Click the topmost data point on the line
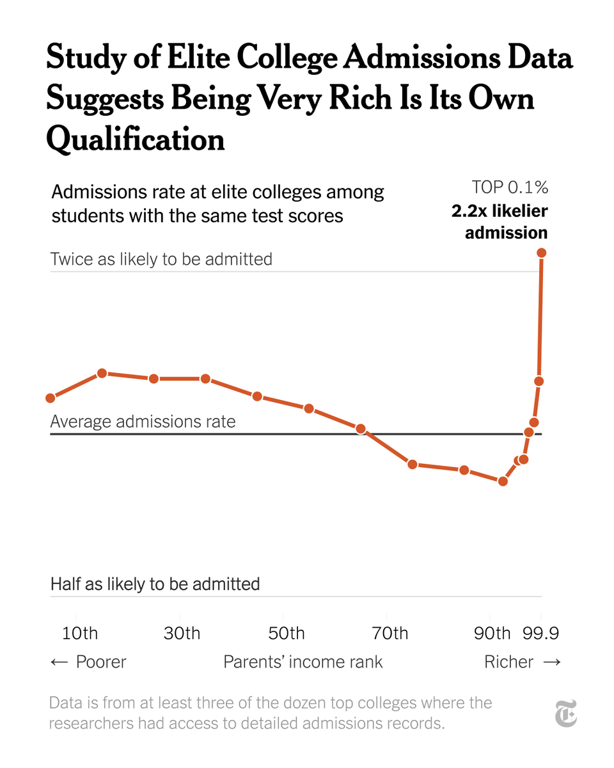pyautogui.click(x=542, y=253)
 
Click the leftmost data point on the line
pyautogui.click(x=51, y=398)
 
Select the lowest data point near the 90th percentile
pyautogui.click(x=503, y=481)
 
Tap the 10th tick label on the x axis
pyautogui.click(x=80, y=634)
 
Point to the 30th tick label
pyautogui.click(x=182, y=634)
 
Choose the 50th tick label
pyautogui.click(x=286, y=634)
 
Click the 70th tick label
pyautogui.click(x=390, y=634)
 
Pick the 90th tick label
pyautogui.click(x=492, y=634)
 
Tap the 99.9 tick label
pyautogui.click(x=541, y=634)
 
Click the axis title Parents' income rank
pyautogui.click(x=303, y=662)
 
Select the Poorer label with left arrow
pyautogui.click(x=88, y=662)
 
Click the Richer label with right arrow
pyautogui.click(x=523, y=662)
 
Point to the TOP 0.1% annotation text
pyautogui.click(x=510, y=188)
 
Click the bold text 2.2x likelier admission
pyautogui.click(x=500, y=221)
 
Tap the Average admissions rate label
pyautogui.click(x=143, y=422)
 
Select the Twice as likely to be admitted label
pyautogui.click(x=161, y=259)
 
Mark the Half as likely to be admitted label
pyautogui.click(x=155, y=584)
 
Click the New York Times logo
pyautogui.click(x=565, y=713)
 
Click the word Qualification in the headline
pyautogui.click(x=136, y=139)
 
